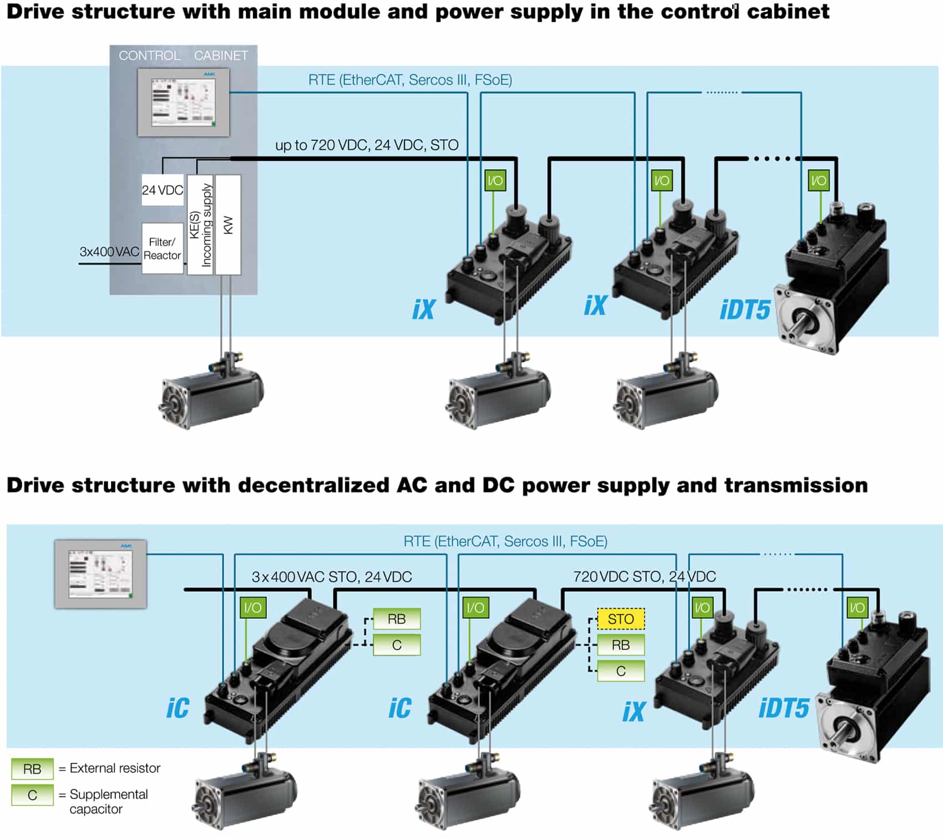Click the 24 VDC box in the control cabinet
[x=162, y=190]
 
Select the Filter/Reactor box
[x=162, y=248]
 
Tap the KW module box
[x=228, y=225]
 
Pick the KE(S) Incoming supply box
[x=200, y=225]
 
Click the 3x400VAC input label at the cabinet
[x=109, y=252]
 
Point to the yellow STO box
[x=621, y=619]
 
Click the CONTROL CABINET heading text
[x=183, y=55]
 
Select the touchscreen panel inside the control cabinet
[x=184, y=102]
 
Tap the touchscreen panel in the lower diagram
[x=100, y=574]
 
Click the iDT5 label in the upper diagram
[x=744, y=310]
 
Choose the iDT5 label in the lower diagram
[x=783, y=708]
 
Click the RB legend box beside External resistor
[x=32, y=769]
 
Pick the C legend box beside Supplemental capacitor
[x=32, y=795]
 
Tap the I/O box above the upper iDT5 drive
[x=818, y=180]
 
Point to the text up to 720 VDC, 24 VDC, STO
[x=367, y=145]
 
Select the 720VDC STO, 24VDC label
[x=644, y=577]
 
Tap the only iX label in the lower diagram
[x=633, y=712]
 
